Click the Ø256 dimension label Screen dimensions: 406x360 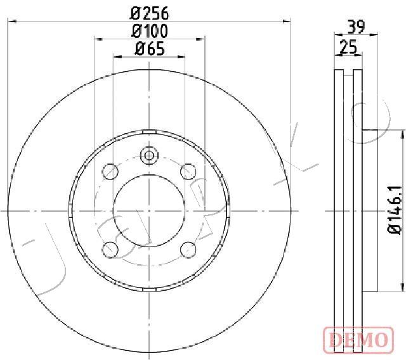click(150, 13)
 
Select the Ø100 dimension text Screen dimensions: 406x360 click(150, 31)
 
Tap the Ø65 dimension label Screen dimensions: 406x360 click(150, 49)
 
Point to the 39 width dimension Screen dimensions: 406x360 click(356, 27)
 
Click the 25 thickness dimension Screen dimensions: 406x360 click(348, 47)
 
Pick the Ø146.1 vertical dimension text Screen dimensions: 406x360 click(395, 210)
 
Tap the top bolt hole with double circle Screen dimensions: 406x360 click(149, 156)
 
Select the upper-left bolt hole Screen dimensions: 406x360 click(110, 172)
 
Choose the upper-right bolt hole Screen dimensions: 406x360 click(188, 172)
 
